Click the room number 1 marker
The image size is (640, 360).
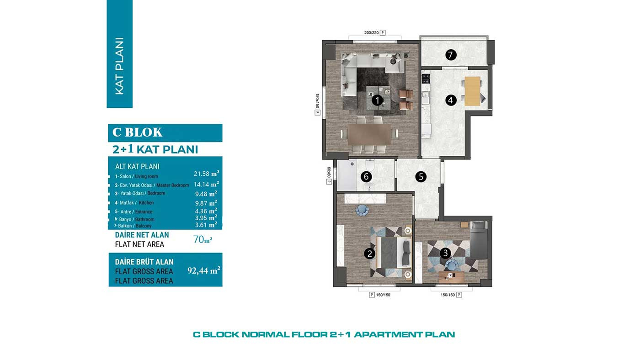click(x=377, y=101)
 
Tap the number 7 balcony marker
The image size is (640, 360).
click(x=451, y=54)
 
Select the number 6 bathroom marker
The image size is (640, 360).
click(x=366, y=177)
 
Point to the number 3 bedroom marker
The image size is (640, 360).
click(x=445, y=253)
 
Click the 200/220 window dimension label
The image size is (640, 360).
click(x=371, y=33)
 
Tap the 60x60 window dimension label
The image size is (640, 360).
click(x=329, y=172)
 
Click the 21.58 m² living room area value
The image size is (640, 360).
click(x=206, y=174)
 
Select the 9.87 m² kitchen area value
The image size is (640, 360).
click(x=206, y=203)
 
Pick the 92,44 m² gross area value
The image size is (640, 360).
click(x=204, y=270)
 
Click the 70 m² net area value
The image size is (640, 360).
click(x=203, y=239)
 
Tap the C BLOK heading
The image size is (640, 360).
click(x=137, y=132)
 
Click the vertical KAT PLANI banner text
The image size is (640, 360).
click(x=119, y=66)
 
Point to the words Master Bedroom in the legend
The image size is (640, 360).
click(x=173, y=185)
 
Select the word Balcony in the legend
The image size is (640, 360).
click(x=144, y=226)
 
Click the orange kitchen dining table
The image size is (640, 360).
click(x=472, y=91)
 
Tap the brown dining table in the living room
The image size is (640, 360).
click(x=369, y=134)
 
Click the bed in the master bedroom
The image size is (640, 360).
click(x=394, y=252)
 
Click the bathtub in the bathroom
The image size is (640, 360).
click(x=347, y=175)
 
